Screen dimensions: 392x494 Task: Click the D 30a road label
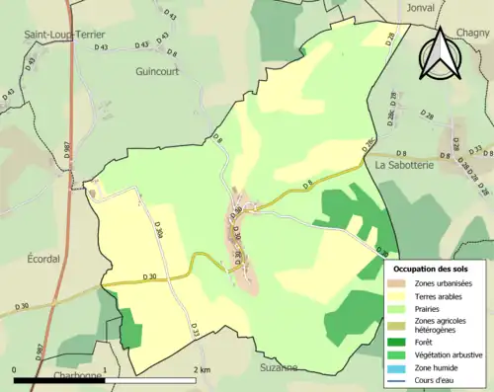point(158,229)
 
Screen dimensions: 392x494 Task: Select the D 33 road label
point(196,331)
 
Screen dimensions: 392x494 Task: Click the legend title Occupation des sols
point(431,269)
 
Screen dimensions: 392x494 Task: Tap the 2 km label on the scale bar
point(203,369)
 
